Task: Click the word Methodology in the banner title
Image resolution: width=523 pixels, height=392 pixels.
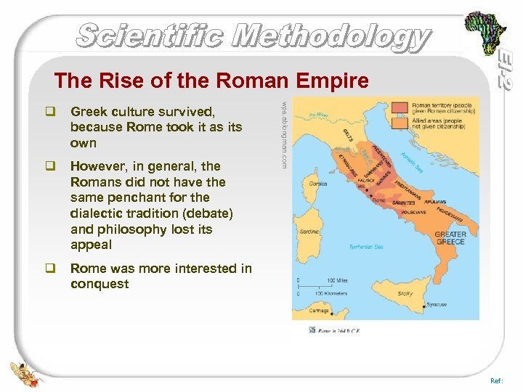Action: [x=334, y=36]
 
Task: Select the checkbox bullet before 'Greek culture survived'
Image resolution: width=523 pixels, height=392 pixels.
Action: [x=50, y=111]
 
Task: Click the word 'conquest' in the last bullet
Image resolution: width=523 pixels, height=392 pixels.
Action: [x=100, y=284]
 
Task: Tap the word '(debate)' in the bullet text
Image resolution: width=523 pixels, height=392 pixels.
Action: [x=208, y=213]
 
